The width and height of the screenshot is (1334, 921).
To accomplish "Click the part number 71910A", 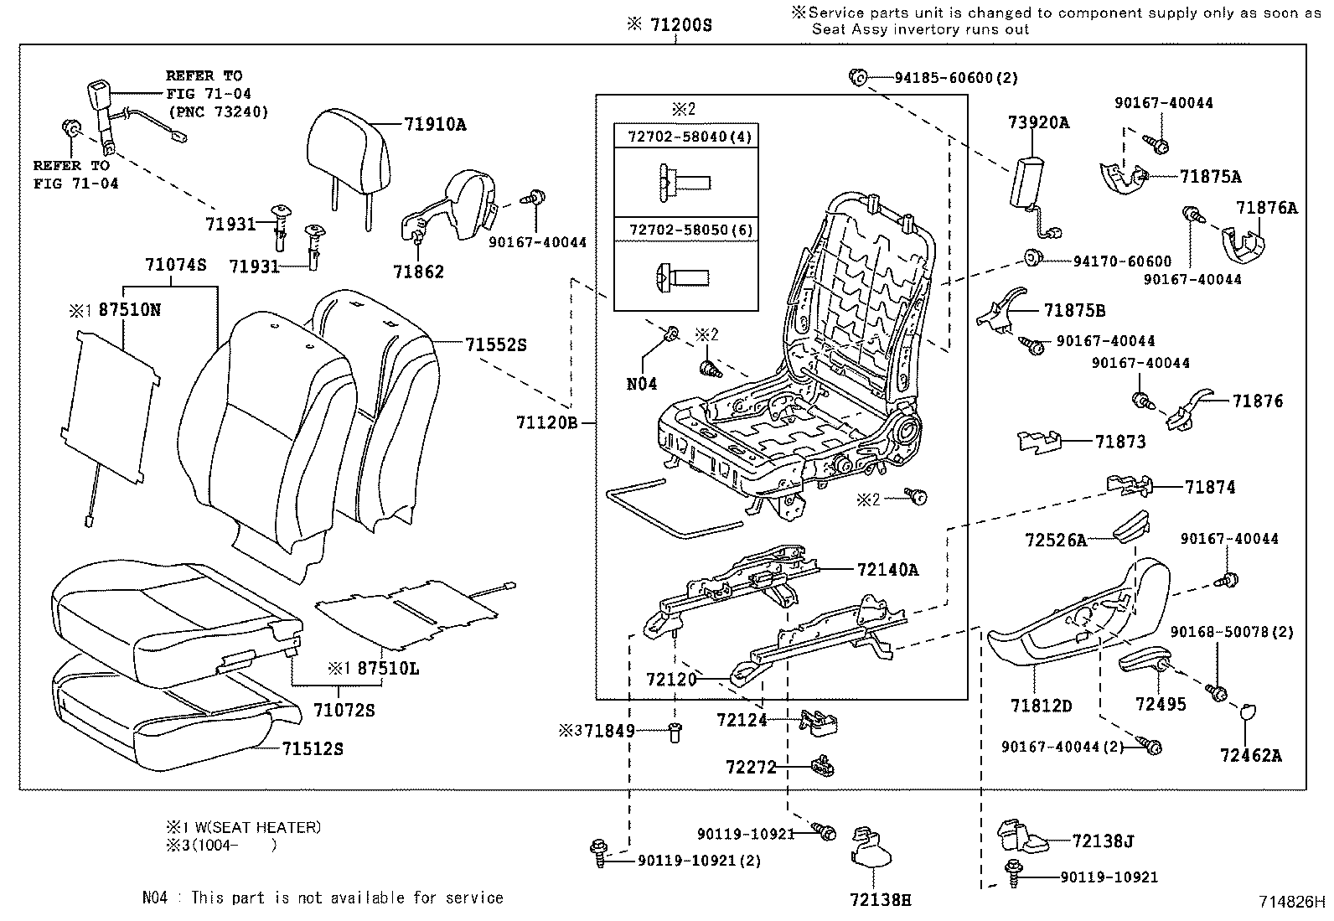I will click(434, 125).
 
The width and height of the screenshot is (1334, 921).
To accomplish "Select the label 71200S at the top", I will click(680, 25).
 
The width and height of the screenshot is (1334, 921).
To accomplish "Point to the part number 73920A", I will click(1038, 123).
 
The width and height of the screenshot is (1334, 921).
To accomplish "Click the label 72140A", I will click(887, 571).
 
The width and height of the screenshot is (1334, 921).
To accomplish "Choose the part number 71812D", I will click(1041, 706).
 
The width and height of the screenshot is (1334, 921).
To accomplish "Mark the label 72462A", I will click(1250, 755).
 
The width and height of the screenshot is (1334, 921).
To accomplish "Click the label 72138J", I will click(1104, 841).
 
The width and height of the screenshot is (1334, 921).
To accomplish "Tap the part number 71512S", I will click(312, 748).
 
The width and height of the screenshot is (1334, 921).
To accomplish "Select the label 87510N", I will click(130, 310).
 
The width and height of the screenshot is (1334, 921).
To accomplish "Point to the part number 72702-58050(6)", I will click(685, 230).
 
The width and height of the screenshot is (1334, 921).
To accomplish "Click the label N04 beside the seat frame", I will click(642, 384).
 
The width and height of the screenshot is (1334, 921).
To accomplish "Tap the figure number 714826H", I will click(1291, 903).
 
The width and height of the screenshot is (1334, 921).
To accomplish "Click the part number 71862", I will click(418, 272).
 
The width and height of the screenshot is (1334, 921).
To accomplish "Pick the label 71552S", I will click(496, 344).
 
